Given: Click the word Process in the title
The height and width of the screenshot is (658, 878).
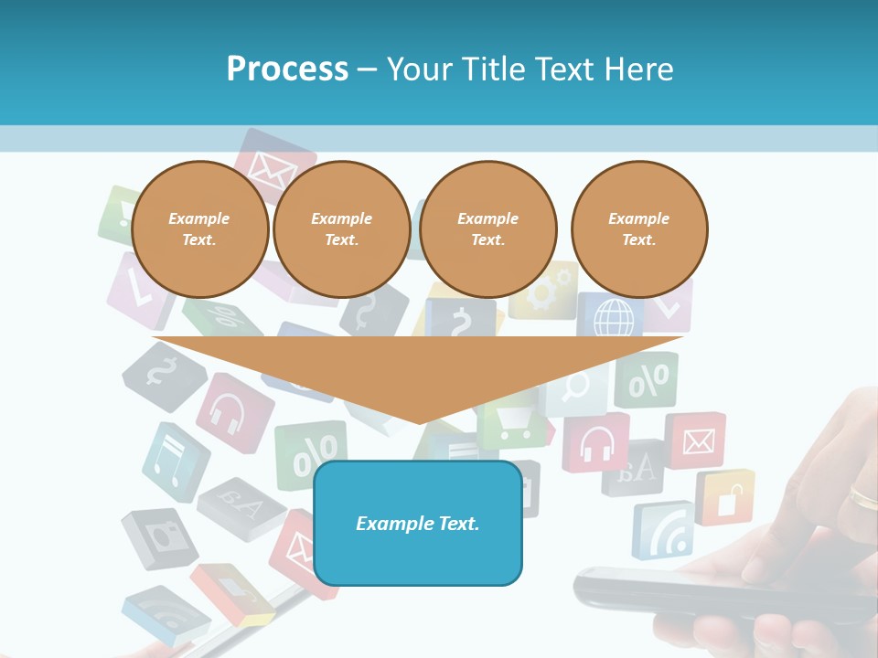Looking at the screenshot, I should (287, 69).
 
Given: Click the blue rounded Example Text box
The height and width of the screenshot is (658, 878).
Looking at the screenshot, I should (418, 524).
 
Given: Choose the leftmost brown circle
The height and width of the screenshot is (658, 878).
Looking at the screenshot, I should (200, 229).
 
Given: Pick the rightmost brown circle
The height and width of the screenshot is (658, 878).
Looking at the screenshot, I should (639, 229).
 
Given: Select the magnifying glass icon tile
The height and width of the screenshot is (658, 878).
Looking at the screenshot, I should (576, 388).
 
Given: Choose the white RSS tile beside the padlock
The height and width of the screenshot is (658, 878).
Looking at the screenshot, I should (663, 530).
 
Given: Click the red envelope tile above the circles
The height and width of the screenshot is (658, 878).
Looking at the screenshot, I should (268, 164).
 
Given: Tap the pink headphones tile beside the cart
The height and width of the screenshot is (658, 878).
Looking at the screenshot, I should (596, 442).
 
